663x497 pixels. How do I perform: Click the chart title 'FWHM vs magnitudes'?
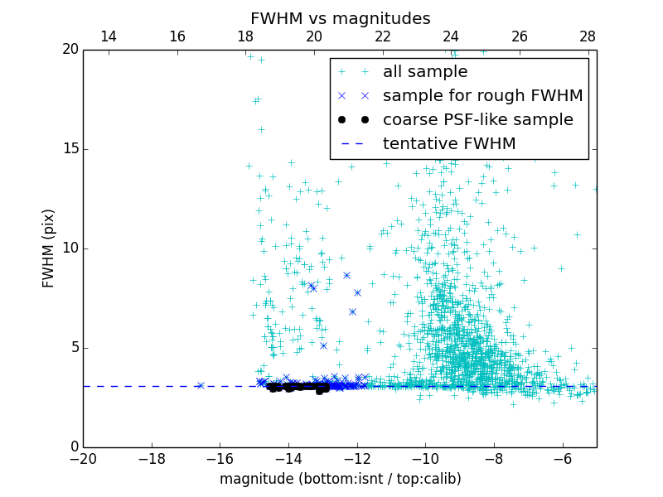point(340,18)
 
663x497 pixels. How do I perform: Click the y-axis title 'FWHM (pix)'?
point(49,248)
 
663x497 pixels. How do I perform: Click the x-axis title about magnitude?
point(340,479)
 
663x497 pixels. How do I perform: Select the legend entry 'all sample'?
point(424,72)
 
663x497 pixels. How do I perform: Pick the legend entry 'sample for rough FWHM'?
point(482,96)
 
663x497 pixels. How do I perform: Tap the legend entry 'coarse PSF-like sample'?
point(477,120)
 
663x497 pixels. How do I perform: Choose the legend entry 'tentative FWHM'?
point(448,144)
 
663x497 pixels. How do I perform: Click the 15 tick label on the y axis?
point(69,149)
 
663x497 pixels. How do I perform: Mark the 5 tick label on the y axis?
point(73,348)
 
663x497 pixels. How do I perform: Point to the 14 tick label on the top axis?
point(108,36)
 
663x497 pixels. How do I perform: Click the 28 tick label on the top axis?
point(588,36)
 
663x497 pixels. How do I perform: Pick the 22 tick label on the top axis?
point(382,36)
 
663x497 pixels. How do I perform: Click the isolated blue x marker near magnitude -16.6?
point(200,385)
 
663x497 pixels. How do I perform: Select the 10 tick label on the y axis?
point(69,248)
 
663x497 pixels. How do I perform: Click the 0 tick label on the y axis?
point(73,447)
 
